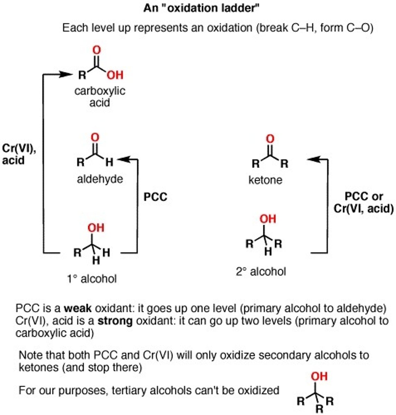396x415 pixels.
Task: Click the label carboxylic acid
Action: coord(100,96)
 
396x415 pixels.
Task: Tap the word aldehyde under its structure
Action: coord(100,179)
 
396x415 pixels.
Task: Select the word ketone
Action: coord(265,180)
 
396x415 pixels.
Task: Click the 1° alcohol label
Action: coord(92,278)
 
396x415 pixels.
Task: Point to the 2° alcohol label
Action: coord(261,271)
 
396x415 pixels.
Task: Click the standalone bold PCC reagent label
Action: coord(155,197)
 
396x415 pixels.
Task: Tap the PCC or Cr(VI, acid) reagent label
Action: coord(363,203)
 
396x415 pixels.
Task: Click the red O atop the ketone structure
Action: coord(270,139)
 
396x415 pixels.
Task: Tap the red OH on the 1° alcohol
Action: coord(96,228)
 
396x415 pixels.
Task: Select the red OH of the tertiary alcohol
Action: coord(319,376)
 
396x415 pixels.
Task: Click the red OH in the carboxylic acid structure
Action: coord(115,75)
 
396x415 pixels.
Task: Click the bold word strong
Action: coord(115,321)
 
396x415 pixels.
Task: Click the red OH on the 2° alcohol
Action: coord(268,219)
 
